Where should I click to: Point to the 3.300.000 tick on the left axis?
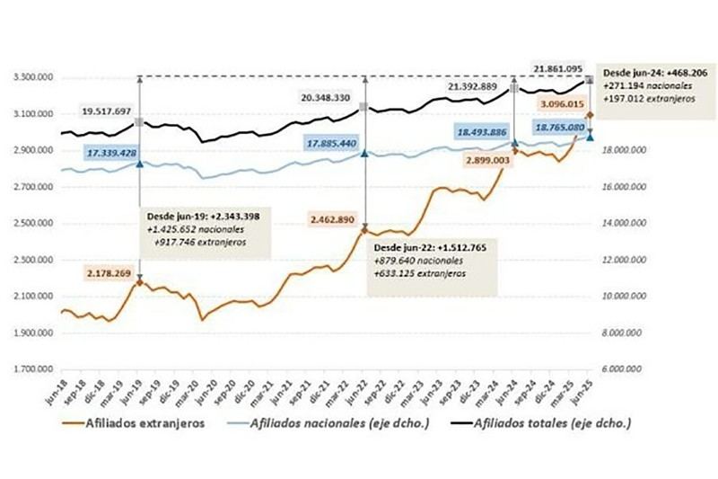pos(33,78)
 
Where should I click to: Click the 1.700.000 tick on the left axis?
pos(33,369)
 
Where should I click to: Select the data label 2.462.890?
pos(337,218)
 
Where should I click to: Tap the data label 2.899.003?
pos(494,158)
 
